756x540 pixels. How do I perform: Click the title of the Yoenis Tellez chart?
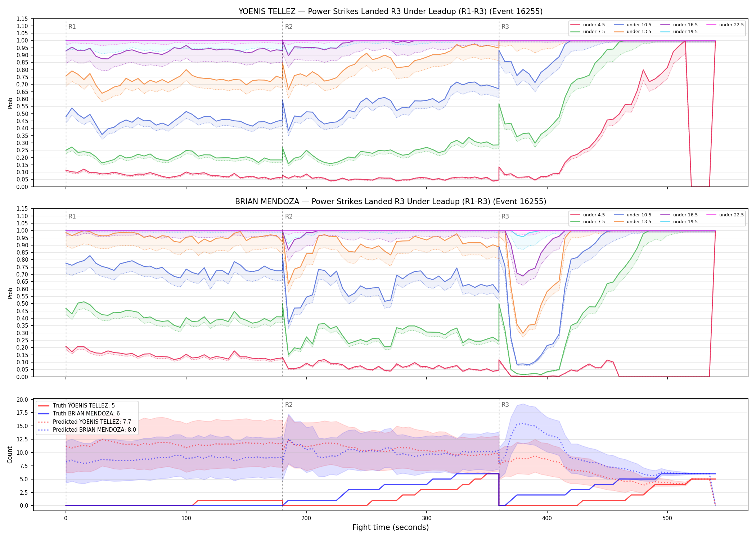click(x=391, y=12)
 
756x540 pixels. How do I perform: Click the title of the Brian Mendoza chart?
click(x=391, y=202)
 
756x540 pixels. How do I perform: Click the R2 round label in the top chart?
click(x=289, y=27)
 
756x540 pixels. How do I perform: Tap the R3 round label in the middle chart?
click(x=505, y=216)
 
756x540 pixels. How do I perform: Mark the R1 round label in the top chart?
click(x=72, y=27)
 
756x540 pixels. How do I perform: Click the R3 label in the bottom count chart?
click(x=505, y=405)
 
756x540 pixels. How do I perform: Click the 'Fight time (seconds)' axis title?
click(x=391, y=527)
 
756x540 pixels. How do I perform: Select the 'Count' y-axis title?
click(x=10, y=455)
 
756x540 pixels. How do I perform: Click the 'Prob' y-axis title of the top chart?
click(x=10, y=103)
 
